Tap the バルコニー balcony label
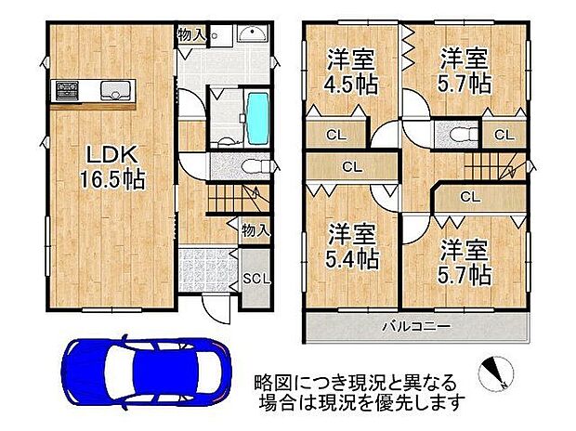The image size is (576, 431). pos(415,327)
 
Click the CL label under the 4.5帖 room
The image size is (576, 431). pos(335,135)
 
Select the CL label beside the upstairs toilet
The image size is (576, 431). pos(503,135)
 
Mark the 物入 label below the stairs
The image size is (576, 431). pos(253,229)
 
